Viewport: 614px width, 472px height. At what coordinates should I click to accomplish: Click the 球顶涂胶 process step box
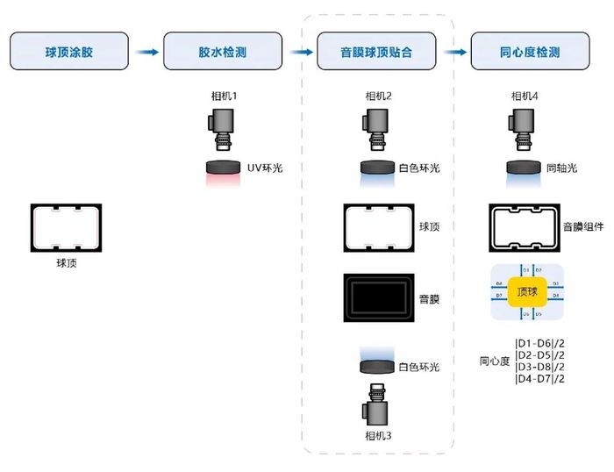(68, 52)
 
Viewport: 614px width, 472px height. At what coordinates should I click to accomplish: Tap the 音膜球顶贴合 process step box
(376, 52)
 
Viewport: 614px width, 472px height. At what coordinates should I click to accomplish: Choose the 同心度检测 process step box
(528, 52)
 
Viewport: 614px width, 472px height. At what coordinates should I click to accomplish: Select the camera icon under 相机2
(376, 132)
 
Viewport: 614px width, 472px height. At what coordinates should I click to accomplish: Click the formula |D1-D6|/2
(539, 342)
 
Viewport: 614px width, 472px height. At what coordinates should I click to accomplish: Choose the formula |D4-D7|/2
(539, 378)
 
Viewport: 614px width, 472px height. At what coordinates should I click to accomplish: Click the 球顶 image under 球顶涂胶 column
(66, 227)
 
